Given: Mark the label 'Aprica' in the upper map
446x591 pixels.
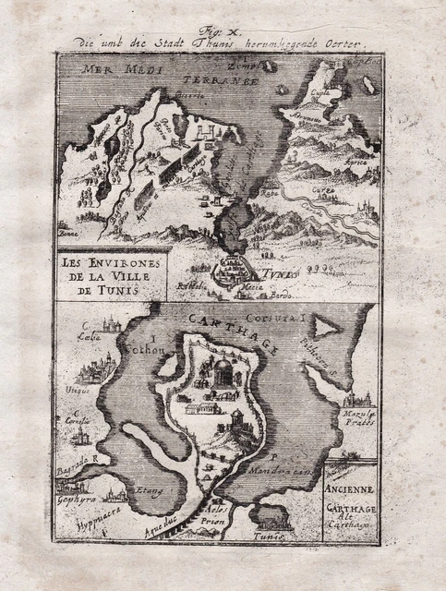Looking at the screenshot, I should (356, 163).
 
